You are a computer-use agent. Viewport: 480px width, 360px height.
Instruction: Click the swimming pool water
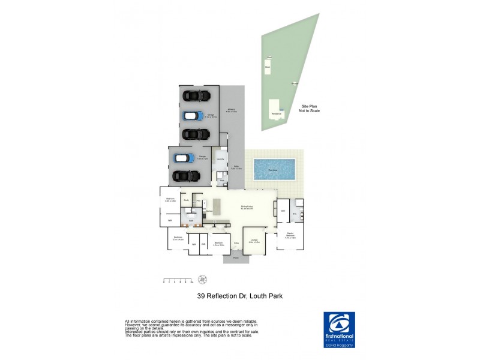point(274,169)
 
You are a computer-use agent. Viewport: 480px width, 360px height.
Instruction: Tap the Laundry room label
point(220,160)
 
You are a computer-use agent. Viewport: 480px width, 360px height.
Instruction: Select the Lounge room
point(254,240)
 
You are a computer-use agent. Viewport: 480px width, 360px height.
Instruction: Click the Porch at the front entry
point(235,259)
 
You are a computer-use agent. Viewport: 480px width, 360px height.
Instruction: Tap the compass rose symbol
point(203,278)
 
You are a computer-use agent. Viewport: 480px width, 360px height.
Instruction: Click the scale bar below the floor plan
point(178,280)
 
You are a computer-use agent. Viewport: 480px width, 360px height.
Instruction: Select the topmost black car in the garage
point(196,95)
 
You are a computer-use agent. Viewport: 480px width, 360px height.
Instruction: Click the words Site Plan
point(309,107)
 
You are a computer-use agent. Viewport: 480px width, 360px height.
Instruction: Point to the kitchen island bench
point(217,206)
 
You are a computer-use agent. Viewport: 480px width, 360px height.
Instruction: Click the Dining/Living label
point(247,207)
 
